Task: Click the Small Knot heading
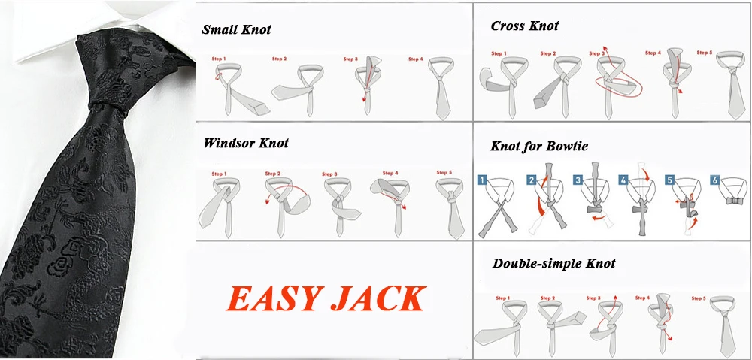point(236,30)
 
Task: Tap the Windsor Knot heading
point(246,143)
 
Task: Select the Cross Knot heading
point(525,26)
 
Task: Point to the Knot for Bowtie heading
point(539,146)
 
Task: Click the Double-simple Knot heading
point(553,263)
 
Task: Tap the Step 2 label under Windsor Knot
point(272,174)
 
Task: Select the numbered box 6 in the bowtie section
point(716,180)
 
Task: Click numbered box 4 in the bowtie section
point(623,180)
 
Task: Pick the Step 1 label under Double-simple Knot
point(503,298)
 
